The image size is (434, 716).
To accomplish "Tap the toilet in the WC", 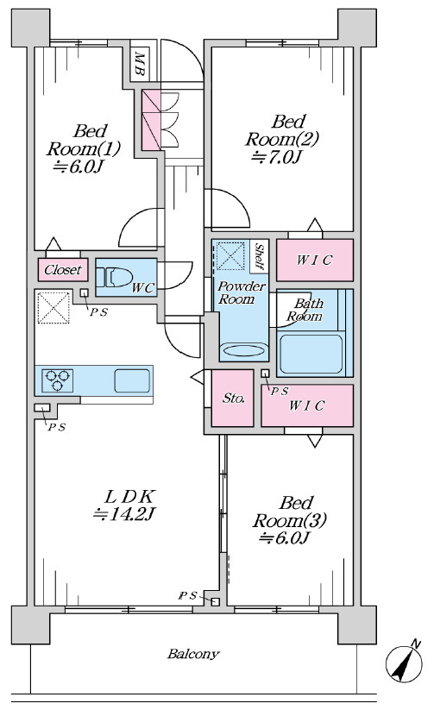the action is [x=114, y=277].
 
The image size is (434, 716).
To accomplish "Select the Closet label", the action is [x=63, y=269].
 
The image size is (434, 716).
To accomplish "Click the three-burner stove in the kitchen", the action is [x=58, y=380].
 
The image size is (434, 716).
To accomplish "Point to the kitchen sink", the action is [x=132, y=380].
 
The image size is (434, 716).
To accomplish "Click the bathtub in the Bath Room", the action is [x=311, y=354].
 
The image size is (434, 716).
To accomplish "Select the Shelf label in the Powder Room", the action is [x=260, y=256].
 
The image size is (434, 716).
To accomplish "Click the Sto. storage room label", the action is [x=233, y=399].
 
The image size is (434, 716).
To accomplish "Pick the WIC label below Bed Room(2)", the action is [x=314, y=260].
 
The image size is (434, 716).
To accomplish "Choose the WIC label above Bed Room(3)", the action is [x=306, y=405].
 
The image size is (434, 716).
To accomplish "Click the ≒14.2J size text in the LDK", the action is [x=125, y=515].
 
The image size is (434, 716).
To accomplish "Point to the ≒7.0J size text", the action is [x=277, y=158].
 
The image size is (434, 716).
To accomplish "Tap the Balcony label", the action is [x=193, y=654].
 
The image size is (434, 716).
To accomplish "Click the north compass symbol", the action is [x=404, y=663].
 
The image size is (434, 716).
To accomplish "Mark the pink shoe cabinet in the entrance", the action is [x=151, y=120].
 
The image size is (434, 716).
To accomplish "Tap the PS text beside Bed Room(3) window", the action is [x=187, y=595].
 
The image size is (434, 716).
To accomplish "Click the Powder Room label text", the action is [x=242, y=292].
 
